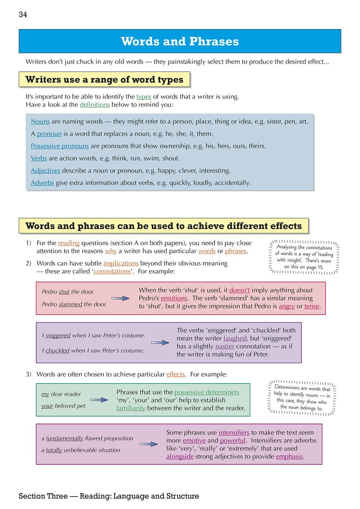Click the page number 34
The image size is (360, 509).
23,15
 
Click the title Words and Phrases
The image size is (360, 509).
180,41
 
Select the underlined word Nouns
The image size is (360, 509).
40,121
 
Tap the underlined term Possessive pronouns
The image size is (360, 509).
60,146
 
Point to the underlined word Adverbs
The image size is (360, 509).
42,183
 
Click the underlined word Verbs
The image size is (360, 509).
39,158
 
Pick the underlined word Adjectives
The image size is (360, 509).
45,171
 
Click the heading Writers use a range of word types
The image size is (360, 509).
104,80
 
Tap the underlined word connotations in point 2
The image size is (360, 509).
112,271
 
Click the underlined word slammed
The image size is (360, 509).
70,304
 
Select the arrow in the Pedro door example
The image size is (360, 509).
121,298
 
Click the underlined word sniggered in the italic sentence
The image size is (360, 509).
58,335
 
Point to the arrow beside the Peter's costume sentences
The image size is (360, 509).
160,342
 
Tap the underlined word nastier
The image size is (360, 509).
225,347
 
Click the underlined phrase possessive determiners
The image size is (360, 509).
207,392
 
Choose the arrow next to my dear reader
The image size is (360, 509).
99,400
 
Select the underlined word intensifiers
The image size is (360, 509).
234,433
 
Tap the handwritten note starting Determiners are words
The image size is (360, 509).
302,397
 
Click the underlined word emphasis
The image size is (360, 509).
289,457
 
